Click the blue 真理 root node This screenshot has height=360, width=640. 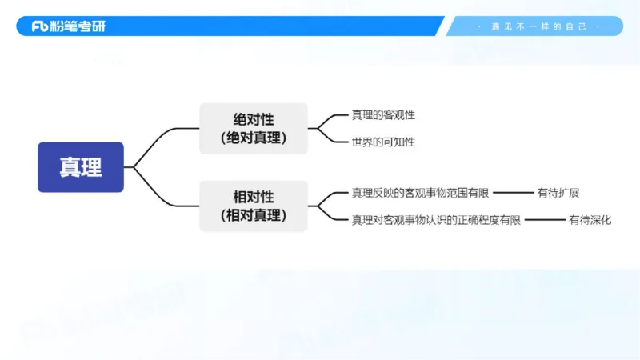81,167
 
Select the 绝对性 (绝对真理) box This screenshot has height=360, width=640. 253,128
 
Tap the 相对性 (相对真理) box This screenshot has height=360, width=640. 253,206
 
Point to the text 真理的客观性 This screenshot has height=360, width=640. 383,115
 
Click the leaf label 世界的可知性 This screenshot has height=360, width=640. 383,142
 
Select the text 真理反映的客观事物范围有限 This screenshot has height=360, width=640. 421,193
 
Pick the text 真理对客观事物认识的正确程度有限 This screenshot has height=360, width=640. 436,220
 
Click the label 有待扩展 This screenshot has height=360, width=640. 558,193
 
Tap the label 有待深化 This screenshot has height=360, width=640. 590,220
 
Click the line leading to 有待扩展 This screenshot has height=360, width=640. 515,193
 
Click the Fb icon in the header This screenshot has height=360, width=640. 40,26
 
